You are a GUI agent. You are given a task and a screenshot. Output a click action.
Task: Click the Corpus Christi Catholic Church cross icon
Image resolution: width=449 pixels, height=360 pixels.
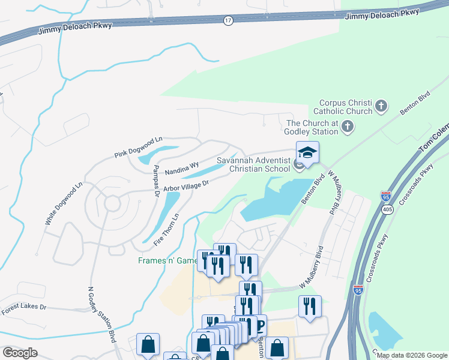[x=381, y=107]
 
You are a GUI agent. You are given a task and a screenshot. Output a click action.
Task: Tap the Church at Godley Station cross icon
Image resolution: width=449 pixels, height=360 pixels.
[x=348, y=127]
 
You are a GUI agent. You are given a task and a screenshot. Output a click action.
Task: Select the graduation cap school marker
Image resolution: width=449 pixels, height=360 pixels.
[x=307, y=154]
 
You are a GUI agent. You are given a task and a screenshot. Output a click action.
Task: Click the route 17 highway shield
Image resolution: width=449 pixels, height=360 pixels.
[x=228, y=20]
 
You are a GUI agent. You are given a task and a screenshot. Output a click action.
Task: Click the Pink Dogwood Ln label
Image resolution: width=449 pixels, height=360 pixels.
[x=139, y=148]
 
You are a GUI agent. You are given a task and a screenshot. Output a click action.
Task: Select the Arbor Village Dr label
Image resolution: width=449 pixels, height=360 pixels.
[x=185, y=187]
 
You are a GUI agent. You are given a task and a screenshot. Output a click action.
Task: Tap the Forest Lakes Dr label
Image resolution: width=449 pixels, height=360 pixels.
[x=23, y=310]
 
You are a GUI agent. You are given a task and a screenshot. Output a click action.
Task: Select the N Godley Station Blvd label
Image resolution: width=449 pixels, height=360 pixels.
[x=101, y=314]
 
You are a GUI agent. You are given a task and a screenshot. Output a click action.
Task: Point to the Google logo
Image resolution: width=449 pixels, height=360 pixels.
[x=20, y=353]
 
